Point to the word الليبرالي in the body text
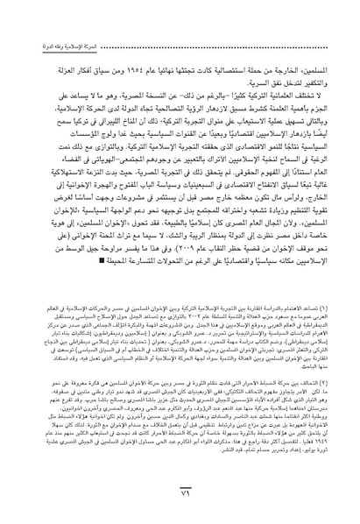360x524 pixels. pyautogui.click(x=115, y=105)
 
